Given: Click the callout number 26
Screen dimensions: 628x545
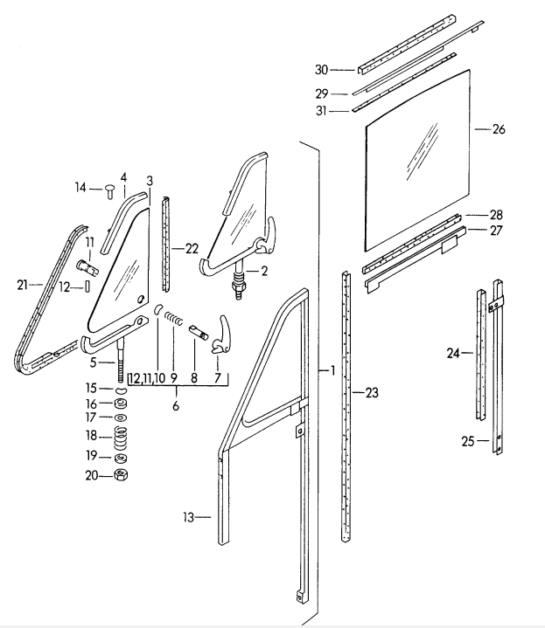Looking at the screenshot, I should (x=499, y=129).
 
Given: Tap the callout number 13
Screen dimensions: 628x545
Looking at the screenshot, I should (x=188, y=517).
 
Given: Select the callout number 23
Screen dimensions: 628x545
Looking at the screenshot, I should (x=372, y=394).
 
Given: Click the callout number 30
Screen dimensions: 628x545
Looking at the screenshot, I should (x=321, y=69).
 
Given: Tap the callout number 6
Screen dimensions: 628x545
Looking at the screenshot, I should (x=176, y=407).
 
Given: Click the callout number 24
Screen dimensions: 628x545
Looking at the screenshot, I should (x=453, y=354).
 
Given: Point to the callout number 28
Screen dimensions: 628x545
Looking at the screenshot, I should (x=496, y=215).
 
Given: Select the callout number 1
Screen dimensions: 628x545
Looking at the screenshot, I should (x=332, y=370).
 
